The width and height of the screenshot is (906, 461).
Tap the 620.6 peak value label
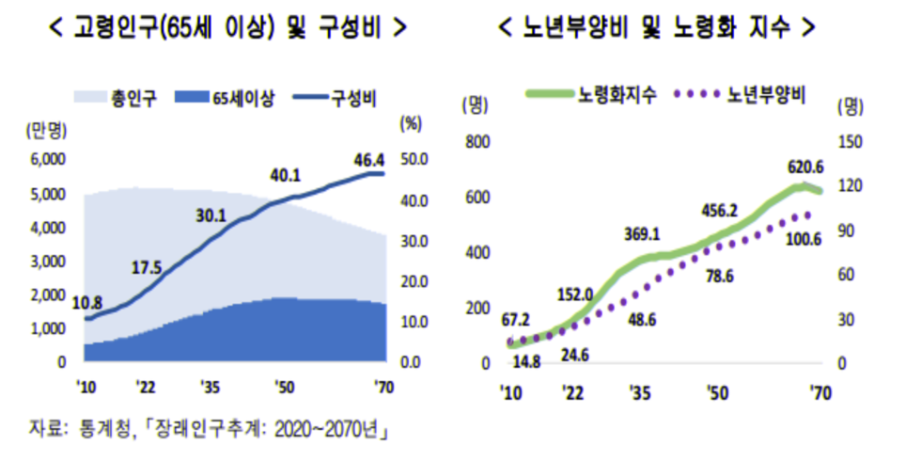[805, 167]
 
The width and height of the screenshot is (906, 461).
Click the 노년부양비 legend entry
[759, 94]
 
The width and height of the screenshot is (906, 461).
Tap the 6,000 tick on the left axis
[47, 160]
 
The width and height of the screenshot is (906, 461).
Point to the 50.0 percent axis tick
[414, 160]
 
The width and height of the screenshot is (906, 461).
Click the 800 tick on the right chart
[478, 142]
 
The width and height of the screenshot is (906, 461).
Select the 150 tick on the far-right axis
[849, 142]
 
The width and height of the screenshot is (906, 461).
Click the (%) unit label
[411, 122]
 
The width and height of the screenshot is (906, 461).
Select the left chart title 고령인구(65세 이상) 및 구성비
[227, 27]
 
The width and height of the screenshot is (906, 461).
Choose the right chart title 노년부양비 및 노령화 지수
[657, 27]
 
